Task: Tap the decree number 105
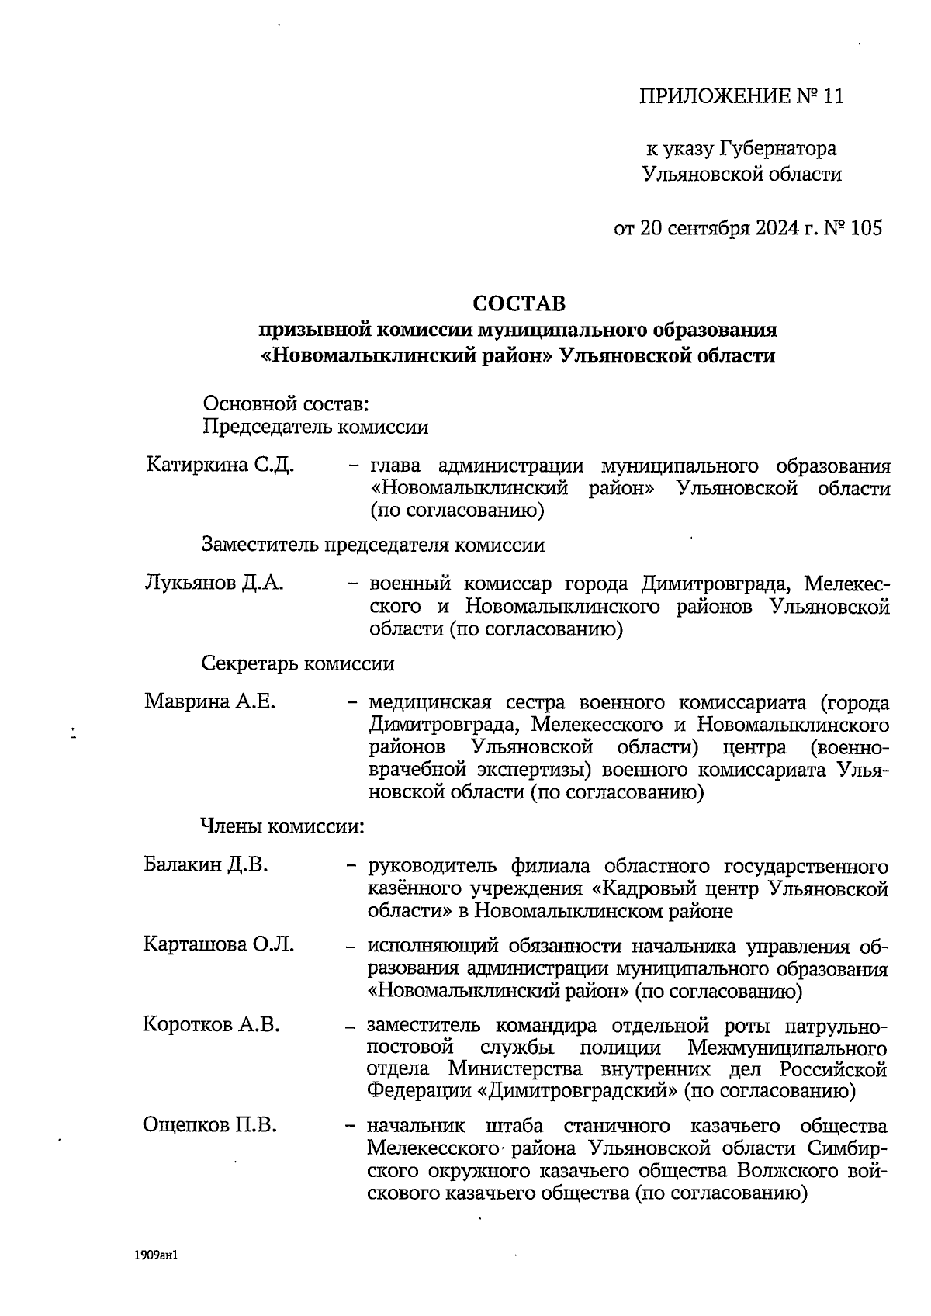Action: [866, 228]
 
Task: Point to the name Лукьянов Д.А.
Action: [214, 583]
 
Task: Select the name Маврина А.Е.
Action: [209, 701]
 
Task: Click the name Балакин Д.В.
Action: [206, 864]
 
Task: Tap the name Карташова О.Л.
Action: [218, 944]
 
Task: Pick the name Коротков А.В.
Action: [211, 1024]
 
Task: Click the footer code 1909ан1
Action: [157, 1255]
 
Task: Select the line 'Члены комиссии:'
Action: [282, 826]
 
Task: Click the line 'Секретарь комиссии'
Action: [298, 663]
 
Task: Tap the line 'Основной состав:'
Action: [285, 403]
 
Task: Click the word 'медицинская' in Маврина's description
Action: [430, 702]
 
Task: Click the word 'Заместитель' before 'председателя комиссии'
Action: [260, 545]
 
